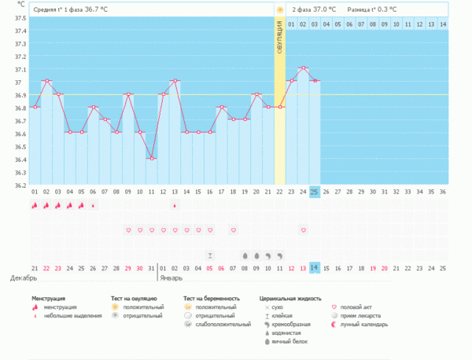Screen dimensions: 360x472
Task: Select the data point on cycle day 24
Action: coord(303,68)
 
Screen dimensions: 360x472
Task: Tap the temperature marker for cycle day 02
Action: coord(47,81)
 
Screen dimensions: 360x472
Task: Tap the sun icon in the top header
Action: coord(279,9)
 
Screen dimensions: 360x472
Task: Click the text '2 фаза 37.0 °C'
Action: coord(314,9)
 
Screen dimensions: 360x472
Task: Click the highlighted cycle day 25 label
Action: coord(315,192)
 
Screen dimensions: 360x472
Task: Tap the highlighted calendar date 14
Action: coord(315,267)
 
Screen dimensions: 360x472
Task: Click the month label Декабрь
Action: coord(22,277)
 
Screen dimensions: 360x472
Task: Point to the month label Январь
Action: coord(171,277)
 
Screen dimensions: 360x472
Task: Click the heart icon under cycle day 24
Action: coord(303,230)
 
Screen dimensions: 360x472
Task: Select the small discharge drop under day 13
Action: coord(175,205)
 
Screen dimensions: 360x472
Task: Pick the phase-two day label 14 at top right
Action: coord(443,24)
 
